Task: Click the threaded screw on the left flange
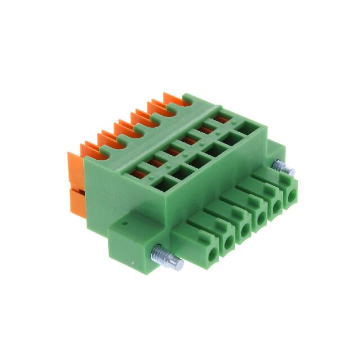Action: [168, 260]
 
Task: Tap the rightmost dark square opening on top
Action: [244, 127]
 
